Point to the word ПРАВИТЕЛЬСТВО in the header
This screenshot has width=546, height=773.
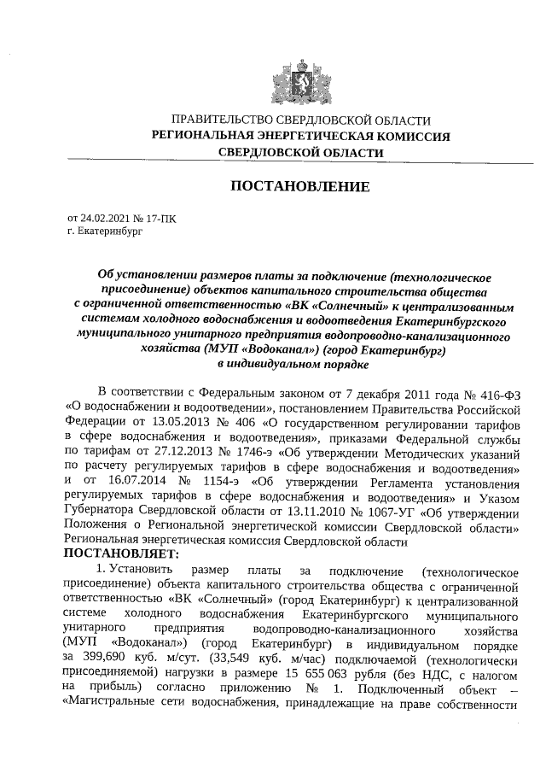[x=220, y=121]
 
